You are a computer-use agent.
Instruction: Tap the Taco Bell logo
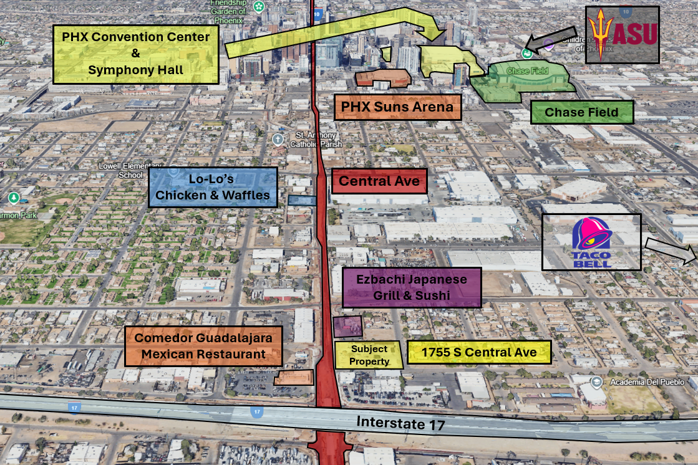[591, 242]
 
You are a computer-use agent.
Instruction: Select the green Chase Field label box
[582, 112]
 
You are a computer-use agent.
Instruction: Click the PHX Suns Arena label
[397, 107]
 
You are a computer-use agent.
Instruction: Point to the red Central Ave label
[379, 181]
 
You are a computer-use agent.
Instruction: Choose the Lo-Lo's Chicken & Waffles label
[213, 187]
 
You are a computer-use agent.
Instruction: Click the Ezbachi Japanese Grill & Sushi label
[412, 287]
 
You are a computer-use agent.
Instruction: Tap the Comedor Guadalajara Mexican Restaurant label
[203, 346]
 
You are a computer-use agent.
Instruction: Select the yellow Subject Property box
[369, 355]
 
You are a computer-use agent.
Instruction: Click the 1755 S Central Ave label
[479, 352]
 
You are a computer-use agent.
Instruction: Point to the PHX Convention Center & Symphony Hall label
[136, 54]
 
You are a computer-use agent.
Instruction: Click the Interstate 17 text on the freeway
[400, 424]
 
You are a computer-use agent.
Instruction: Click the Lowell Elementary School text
[125, 170]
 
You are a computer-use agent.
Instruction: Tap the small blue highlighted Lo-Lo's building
[302, 200]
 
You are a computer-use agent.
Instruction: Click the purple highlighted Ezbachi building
[347, 326]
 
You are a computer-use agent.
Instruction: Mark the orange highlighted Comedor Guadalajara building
[293, 378]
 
